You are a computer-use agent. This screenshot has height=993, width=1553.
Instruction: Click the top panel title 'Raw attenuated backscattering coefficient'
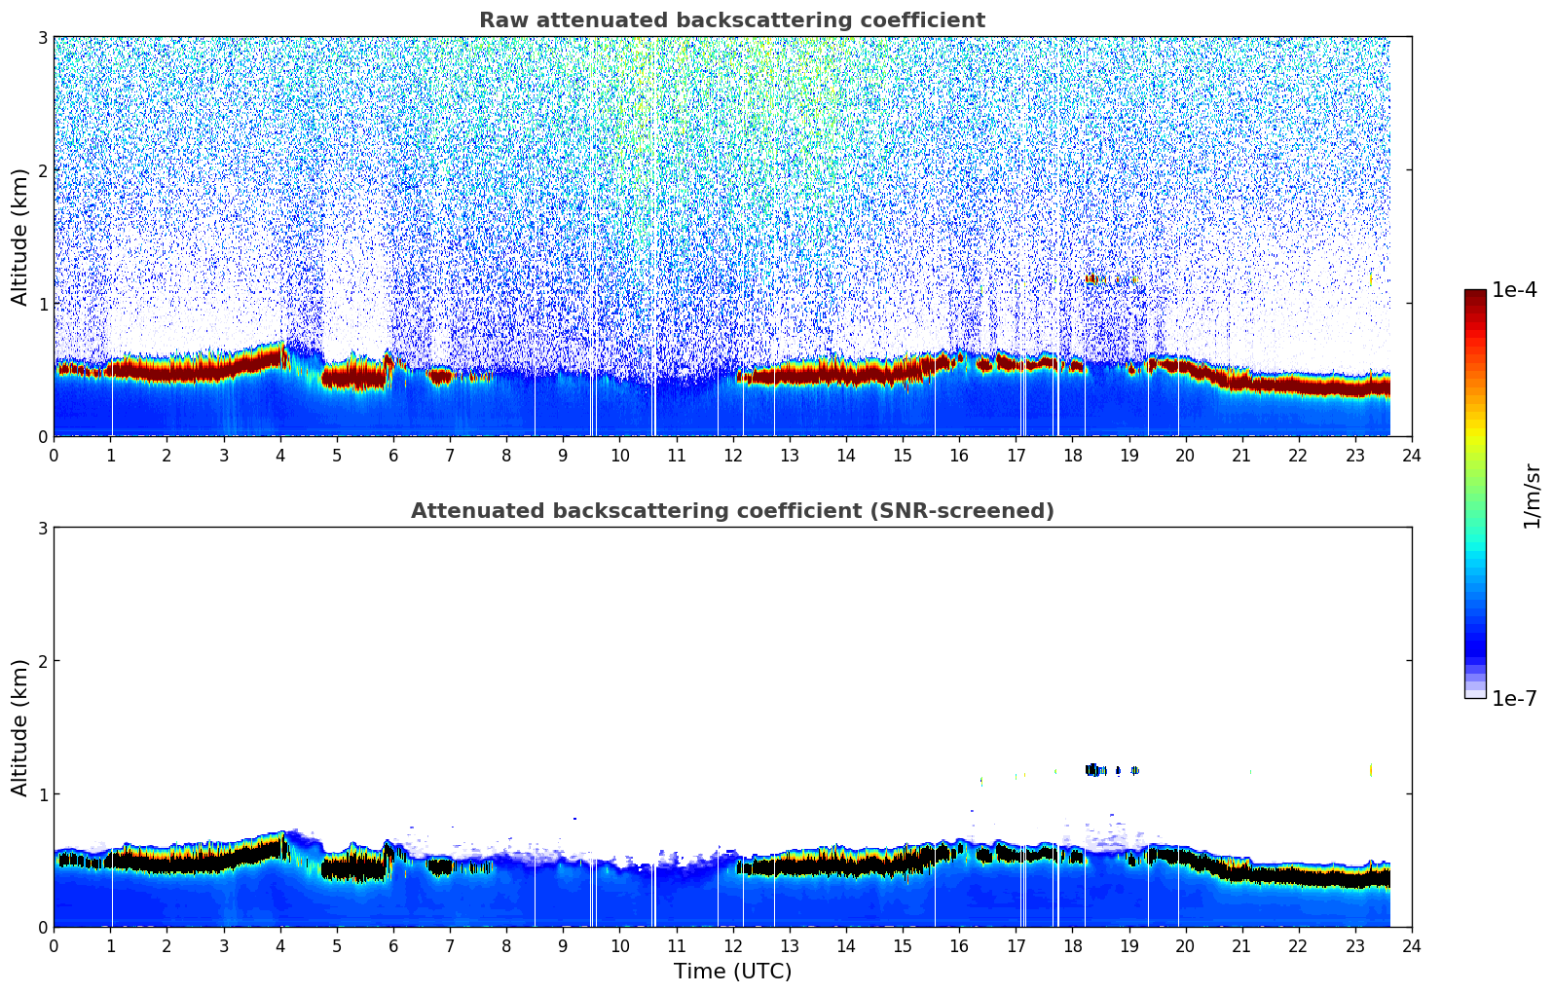(x=731, y=20)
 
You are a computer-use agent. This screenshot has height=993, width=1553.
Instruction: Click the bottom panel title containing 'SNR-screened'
(x=731, y=511)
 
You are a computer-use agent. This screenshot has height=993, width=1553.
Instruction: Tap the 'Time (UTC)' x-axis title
(x=732, y=971)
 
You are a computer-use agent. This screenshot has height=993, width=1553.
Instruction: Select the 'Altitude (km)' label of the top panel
(x=20, y=237)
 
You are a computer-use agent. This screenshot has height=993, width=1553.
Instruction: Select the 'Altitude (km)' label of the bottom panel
(x=20, y=727)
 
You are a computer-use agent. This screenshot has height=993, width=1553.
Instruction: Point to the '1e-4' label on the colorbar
(x=1514, y=290)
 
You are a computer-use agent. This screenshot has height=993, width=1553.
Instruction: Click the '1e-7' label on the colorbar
(x=1514, y=698)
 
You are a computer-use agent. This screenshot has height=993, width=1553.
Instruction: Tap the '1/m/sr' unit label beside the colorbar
(x=1532, y=496)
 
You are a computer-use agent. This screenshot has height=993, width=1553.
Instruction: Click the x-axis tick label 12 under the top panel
(x=732, y=456)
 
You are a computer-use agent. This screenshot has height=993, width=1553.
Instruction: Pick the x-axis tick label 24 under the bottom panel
(x=1411, y=946)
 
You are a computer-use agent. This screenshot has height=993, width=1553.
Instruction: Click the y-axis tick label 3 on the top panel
(x=43, y=37)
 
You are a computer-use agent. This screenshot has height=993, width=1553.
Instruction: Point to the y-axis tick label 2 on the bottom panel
(x=43, y=661)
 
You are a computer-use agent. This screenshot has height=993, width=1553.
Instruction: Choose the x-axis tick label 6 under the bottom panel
(x=393, y=946)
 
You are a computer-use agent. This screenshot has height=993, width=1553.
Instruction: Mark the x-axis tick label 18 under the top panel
(x=1072, y=456)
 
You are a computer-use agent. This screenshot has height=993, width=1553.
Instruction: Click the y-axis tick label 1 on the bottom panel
(x=43, y=794)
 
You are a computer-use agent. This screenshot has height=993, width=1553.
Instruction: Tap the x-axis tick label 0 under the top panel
(x=54, y=456)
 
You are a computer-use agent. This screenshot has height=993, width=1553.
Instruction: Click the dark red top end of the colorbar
(x=1475, y=294)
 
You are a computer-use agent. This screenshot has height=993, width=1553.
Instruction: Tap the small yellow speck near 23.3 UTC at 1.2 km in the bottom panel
(x=1371, y=769)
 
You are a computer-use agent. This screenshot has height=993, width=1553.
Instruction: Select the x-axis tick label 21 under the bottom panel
(x=1241, y=946)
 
